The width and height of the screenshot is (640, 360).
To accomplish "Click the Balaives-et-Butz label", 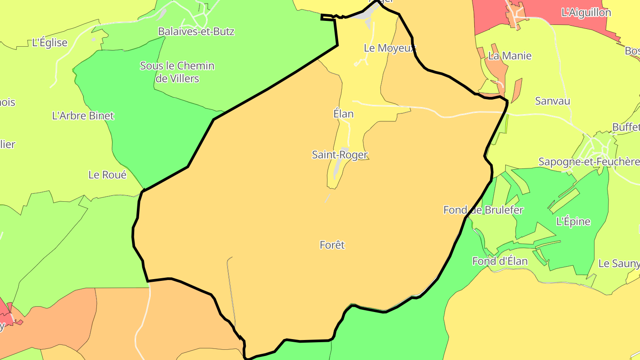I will [196, 32].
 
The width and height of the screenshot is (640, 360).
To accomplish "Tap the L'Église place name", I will [50, 43].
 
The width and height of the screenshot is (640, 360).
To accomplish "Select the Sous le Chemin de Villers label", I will [177, 72].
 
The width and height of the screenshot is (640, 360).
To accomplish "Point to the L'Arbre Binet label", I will [83, 116].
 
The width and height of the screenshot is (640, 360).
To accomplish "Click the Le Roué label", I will [108, 175].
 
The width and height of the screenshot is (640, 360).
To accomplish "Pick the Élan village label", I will [344, 114].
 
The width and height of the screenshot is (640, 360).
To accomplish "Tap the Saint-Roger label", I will [340, 155].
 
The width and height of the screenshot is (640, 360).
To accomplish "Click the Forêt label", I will [332, 245].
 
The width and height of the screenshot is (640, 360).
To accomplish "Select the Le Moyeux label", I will [389, 48].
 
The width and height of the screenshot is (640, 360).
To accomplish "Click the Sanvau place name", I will [552, 101].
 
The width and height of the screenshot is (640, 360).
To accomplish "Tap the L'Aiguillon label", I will [586, 12].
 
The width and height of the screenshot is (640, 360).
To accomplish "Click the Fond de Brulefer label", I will [483, 210].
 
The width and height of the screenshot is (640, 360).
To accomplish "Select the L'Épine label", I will [573, 221].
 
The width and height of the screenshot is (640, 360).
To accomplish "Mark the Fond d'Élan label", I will [500, 261].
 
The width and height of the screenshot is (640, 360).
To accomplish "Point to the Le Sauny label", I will [619, 264].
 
